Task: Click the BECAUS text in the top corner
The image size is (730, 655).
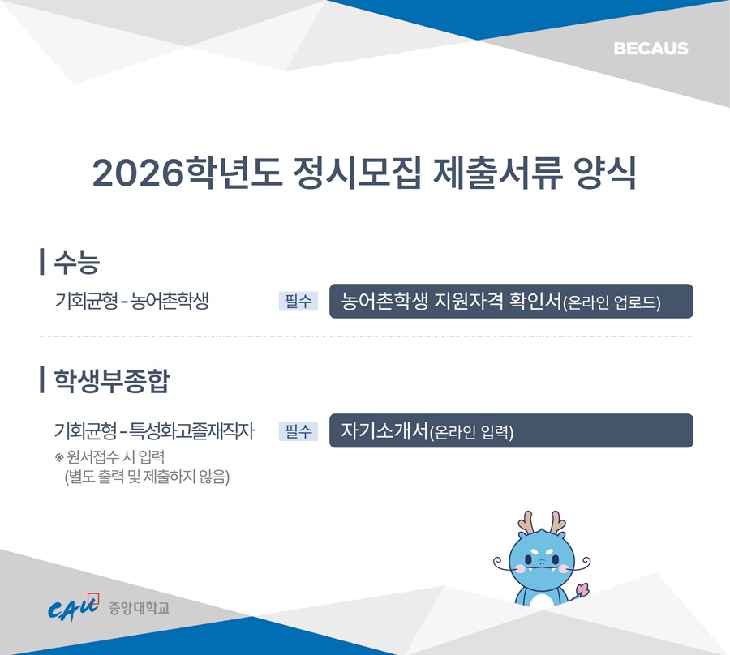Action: [x=651, y=49]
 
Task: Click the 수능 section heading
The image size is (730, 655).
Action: [x=77, y=262]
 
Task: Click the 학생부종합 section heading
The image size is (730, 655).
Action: [x=112, y=380]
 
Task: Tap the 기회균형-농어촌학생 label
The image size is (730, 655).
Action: [x=131, y=301]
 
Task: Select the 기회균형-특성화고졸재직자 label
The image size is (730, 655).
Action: [x=155, y=430]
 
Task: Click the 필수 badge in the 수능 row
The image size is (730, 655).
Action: [x=298, y=301]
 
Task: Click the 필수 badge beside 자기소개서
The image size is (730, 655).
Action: [x=298, y=431]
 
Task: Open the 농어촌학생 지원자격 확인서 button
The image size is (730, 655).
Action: [x=511, y=301]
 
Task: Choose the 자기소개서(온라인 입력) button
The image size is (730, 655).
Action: [x=511, y=430]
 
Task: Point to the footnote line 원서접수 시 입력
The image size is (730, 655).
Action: [x=109, y=457]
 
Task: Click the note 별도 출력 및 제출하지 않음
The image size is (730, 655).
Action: [x=147, y=477]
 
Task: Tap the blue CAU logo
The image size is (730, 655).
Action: [x=74, y=606]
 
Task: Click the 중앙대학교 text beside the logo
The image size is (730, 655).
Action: [x=139, y=608]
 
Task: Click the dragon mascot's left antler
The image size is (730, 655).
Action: [x=526, y=522]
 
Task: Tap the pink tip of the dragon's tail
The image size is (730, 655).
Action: [x=582, y=589]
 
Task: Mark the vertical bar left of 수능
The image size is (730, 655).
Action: [x=42, y=262]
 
